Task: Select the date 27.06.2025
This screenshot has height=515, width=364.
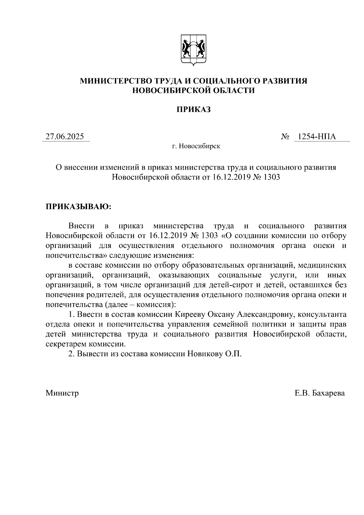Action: pyautogui.click(x=65, y=137)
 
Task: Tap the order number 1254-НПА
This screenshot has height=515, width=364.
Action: pyautogui.click(x=317, y=137)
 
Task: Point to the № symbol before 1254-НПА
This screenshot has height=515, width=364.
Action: pyautogui.click(x=285, y=137)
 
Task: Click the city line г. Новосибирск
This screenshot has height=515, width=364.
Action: pyautogui.click(x=196, y=146)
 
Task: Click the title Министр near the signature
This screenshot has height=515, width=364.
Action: pyautogui.click(x=62, y=393)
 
